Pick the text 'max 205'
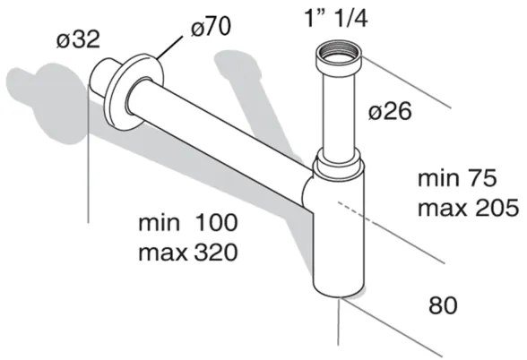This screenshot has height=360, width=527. coord(467,210)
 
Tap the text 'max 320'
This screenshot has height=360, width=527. coord(187,253)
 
